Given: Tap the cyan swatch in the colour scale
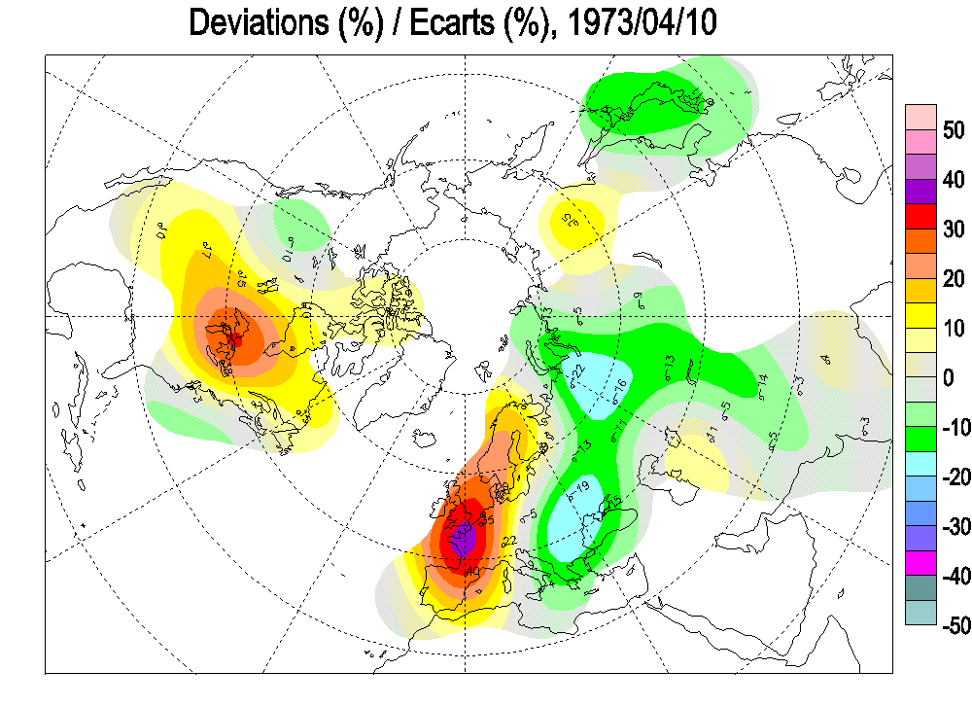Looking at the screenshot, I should point(920,463).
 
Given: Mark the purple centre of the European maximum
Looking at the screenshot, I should point(464,537).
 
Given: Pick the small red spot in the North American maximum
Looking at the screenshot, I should point(233,339).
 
